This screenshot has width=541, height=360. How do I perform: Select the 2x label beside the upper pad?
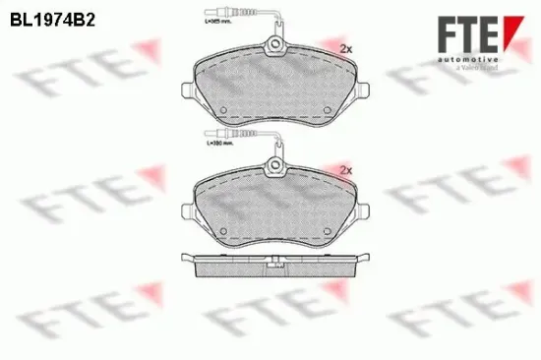pos(344,48)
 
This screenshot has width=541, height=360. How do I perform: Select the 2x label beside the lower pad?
pos(344,170)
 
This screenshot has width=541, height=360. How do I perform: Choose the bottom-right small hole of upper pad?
pos(328,109)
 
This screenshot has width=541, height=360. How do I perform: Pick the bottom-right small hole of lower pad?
pos(328,232)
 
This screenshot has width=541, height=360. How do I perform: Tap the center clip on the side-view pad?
pos(277,262)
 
